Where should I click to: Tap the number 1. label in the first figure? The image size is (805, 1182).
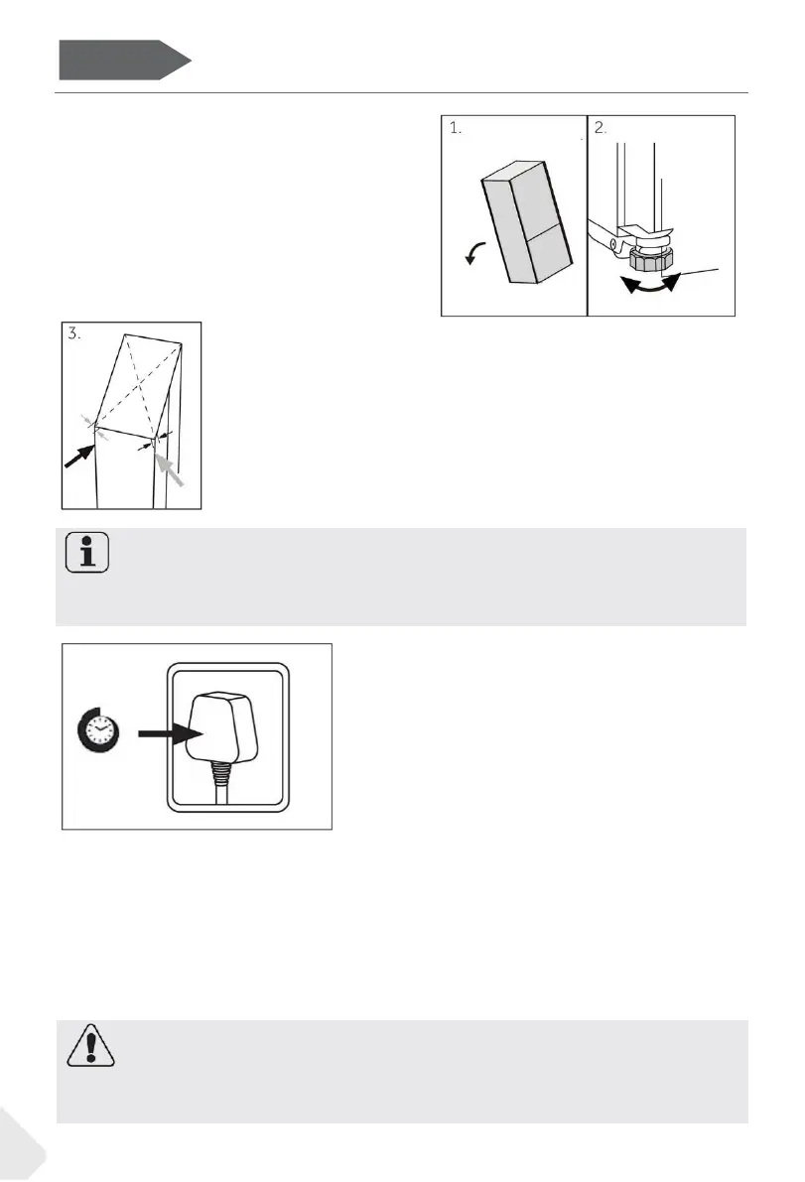click(x=457, y=129)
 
